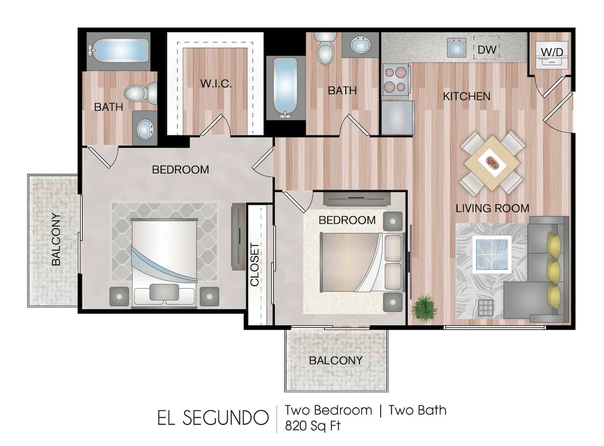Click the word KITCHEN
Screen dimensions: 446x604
(467, 96)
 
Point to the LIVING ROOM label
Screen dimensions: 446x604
(492, 208)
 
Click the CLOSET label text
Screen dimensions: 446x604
(255, 264)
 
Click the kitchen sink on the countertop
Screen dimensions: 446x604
(457, 48)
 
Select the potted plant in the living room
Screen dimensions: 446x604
(424, 308)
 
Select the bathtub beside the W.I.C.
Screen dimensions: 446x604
(285, 88)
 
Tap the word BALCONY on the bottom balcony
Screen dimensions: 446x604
(336, 361)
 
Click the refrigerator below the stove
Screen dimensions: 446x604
(397, 118)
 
